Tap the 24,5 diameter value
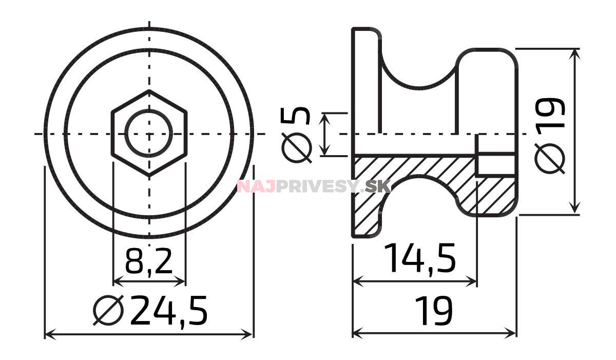[169, 310]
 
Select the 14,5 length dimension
[419, 258]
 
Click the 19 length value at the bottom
[434, 311]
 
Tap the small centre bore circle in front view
[149, 134]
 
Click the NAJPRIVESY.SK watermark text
[313, 186]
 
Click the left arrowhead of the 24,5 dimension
[48, 335]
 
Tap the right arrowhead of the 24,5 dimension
[250, 335]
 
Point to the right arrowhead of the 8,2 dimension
[182, 281]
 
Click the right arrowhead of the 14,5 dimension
[474, 281]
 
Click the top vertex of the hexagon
[149, 91]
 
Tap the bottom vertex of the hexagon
[149, 176]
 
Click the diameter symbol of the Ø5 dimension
[298, 148]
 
